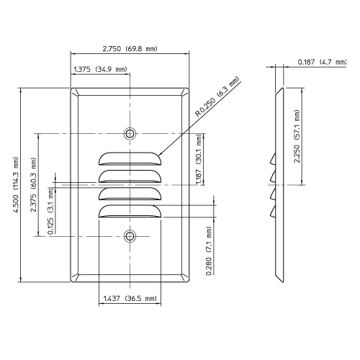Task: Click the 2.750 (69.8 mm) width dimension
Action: tap(130, 48)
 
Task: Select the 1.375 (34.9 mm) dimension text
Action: tap(101, 69)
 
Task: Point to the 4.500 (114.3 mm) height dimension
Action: tap(15, 183)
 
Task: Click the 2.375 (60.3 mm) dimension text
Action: tap(35, 184)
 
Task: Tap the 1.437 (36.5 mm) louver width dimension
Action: tap(130, 297)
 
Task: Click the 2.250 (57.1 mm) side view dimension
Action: tap(297, 136)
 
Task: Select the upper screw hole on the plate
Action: tap(130, 133)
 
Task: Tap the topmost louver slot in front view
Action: tap(130, 157)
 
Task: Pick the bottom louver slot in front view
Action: tap(130, 211)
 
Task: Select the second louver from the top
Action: tap(130, 175)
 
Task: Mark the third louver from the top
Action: tap(130, 193)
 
